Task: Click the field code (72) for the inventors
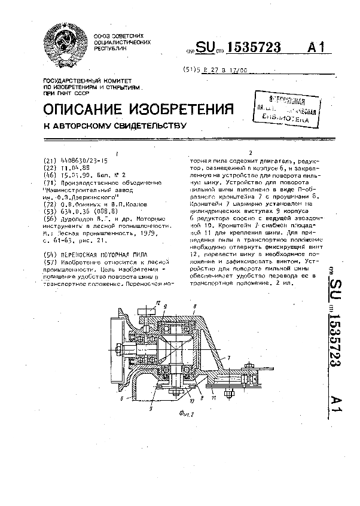(x=50, y=204)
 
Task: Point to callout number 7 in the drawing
(x=227, y=357)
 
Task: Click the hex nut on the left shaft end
(x=120, y=348)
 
